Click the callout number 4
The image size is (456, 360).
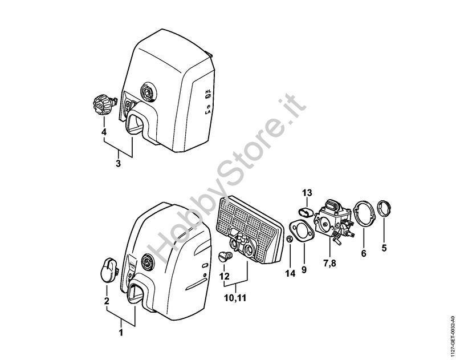click(104, 132)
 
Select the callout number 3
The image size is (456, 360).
click(118, 164)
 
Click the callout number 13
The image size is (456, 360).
click(307, 193)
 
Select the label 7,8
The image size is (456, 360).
click(329, 264)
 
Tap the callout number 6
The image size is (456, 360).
click(364, 253)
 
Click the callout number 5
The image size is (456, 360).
click(384, 248)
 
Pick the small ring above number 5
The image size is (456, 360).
click(384, 208)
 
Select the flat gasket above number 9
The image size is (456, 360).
click(302, 231)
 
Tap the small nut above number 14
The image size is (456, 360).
click(290, 240)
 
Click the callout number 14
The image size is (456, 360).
click(291, 273)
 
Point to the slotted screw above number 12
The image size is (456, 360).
click(225, 256)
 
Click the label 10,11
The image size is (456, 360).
click(235, 298)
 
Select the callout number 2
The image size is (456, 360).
click(107, 301)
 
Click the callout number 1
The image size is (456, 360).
click(121, 333)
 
